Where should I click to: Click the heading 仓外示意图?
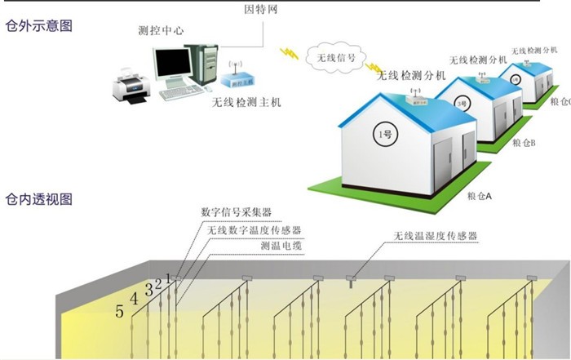click(x=38, y=25)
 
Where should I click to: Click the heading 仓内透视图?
click(x=38, y=198)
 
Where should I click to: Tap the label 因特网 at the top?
click(x=263, y=10)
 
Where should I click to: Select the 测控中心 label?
click(x=161, y=32)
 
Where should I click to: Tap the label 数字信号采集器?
click(x=237, y=213)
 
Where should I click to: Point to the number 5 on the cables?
click(x=120, y=311)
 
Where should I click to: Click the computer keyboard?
click(x=180, y=93)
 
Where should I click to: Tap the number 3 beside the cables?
click(x=148, y=288)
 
